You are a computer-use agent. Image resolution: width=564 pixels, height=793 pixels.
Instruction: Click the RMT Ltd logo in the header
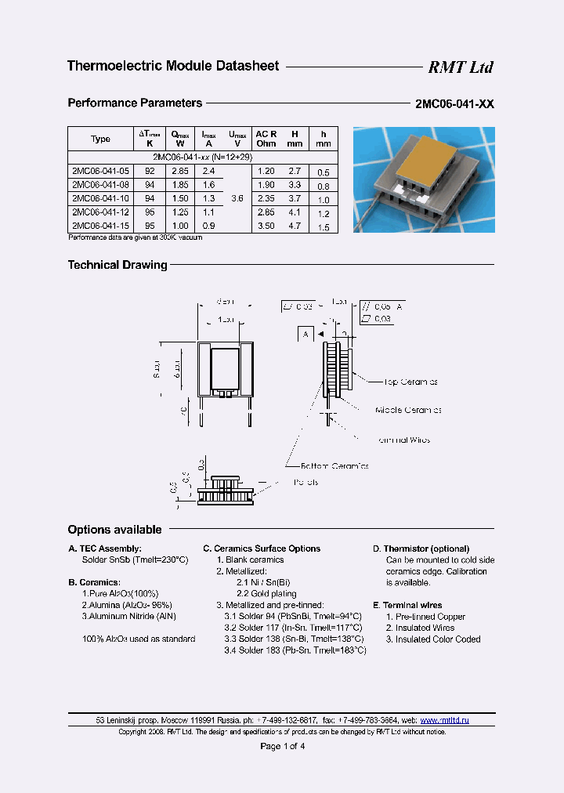click(460, 67)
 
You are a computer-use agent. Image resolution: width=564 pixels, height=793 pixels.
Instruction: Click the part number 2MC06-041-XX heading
click(454, 104)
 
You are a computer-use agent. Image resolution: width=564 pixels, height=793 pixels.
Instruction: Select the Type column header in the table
click(100, 139)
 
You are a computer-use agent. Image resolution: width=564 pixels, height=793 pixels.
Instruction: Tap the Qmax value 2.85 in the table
click(180, 171)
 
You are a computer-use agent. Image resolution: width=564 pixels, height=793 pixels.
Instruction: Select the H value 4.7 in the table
click(295, 226)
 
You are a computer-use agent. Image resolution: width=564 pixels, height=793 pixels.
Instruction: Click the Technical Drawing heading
click(117, 265)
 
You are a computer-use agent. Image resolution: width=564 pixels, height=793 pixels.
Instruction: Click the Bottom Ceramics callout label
click(330, 465)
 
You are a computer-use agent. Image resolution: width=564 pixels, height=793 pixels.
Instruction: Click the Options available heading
click(114, 530)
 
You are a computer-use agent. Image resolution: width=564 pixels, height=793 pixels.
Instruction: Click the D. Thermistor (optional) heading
click(421, 549)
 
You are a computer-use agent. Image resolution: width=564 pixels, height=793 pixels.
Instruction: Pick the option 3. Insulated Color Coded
click(432, 639)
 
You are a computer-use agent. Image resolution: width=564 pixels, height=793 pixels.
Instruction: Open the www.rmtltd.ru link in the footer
click(444, 719)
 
